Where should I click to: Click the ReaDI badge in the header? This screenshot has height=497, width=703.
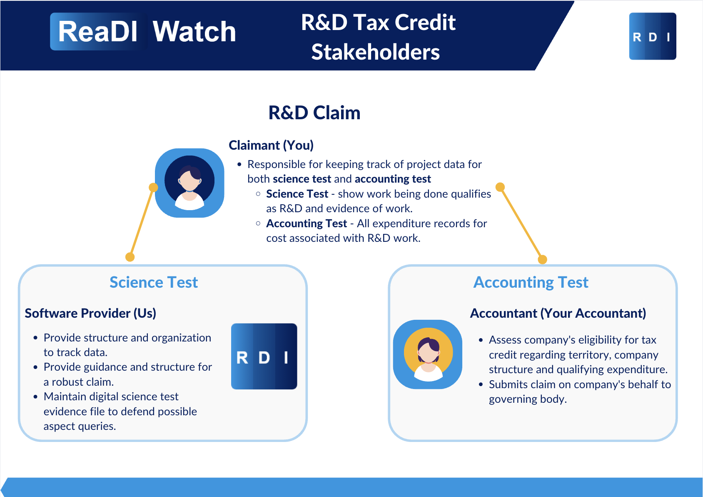98,32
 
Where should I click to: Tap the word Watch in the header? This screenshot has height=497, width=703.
194,32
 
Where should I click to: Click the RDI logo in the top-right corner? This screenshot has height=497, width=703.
652,36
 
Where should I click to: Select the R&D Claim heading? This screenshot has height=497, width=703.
314,113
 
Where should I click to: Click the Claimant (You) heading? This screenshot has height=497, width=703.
271,145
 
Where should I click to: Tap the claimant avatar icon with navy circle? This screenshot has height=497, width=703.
189,183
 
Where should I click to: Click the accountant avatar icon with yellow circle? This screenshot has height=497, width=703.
428,354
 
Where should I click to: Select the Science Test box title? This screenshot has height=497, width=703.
154,282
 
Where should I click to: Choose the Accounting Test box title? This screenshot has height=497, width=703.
531,282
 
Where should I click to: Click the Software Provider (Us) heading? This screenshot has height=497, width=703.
90,313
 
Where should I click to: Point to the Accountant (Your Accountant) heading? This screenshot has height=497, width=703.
558,313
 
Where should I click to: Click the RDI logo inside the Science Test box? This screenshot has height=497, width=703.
264,356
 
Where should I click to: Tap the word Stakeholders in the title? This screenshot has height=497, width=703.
375,52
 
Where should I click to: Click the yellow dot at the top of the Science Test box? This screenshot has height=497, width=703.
130,257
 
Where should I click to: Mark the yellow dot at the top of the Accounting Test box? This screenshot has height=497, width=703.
542,259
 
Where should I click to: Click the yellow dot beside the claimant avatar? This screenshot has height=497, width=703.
153,188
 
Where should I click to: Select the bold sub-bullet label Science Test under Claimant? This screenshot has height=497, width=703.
297,194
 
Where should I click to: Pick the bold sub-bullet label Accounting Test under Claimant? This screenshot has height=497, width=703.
307,223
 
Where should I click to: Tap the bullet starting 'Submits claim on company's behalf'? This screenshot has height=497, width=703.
579,392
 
